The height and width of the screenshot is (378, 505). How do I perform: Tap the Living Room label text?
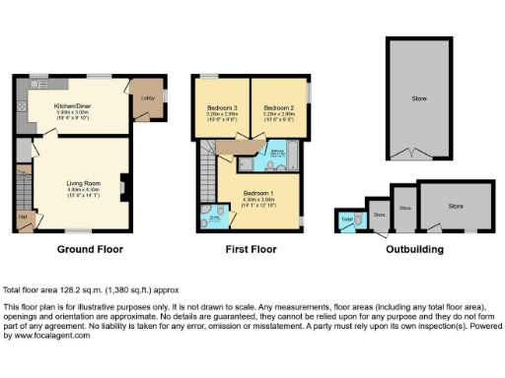click(x=80, y=182)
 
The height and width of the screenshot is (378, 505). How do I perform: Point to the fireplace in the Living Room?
click(x=122, y=185)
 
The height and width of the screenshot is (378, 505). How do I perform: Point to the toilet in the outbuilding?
click(x=348, y=220)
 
